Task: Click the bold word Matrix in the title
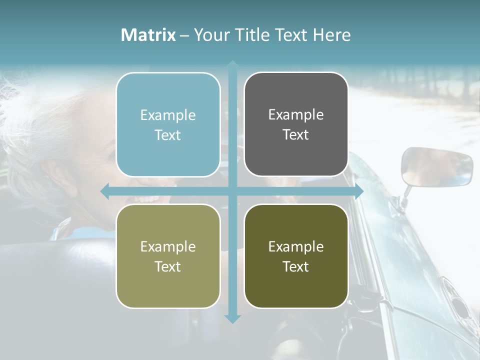(x=148, y=35)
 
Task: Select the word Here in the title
(x=331, y=35)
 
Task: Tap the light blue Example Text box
(x=168, y=125)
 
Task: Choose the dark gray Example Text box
(x=296, y=124)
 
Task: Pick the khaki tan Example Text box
(x=168, y=256)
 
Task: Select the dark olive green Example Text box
(x=296, y=256)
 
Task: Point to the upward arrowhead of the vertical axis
(x=232, y=65)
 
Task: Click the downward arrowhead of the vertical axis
(x=232, y=318)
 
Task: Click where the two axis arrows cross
(x=232, y=191)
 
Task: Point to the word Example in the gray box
(x=295, y=114)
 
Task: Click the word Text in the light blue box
(x=168, y=135)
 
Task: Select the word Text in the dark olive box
(x=296, y=266)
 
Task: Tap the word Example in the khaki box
(x=168, y=246)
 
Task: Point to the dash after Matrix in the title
(x=184, y=35)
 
